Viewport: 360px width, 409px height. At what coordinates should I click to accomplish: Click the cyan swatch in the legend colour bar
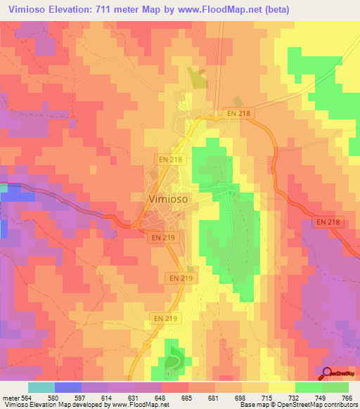tap(41, 387)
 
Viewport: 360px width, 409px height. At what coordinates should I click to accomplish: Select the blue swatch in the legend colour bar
tap(68, 387)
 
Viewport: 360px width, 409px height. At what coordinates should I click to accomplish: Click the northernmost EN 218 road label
tap(239, 112)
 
